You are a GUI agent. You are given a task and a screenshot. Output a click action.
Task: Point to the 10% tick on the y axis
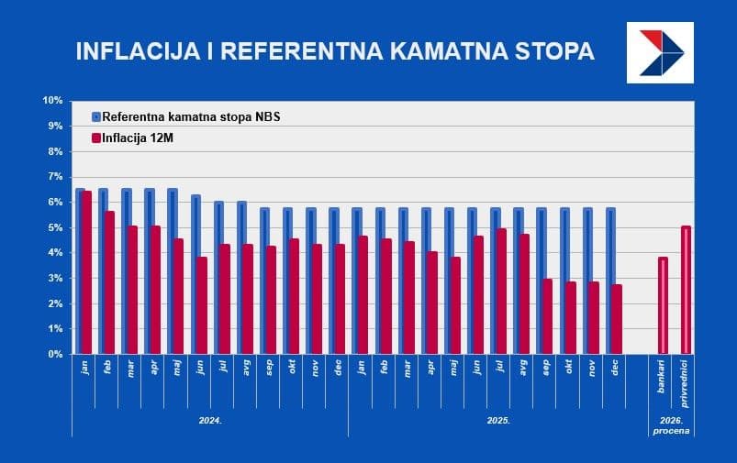52,101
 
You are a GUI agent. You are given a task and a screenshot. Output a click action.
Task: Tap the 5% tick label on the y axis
54,227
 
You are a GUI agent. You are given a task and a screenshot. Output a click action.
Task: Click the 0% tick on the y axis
54,354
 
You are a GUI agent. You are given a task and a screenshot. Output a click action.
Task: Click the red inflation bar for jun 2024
201,305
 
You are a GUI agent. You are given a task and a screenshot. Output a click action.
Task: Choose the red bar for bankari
663,305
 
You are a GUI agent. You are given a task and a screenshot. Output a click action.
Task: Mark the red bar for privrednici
686,290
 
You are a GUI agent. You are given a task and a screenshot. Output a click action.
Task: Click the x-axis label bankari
662,377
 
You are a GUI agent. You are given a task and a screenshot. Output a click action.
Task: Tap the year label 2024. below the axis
211,419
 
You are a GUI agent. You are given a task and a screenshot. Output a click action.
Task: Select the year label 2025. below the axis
498,419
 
